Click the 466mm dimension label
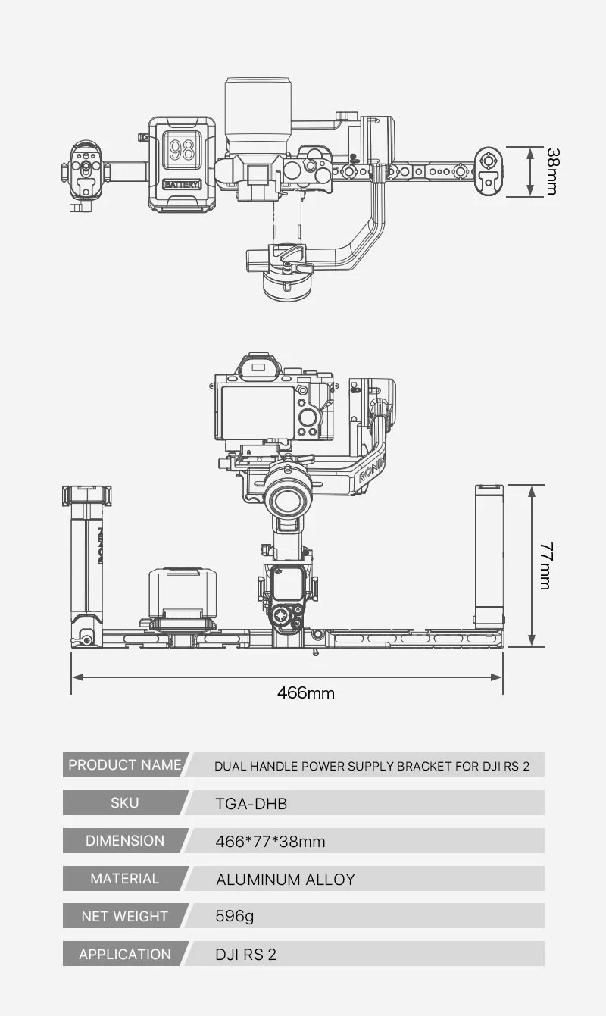pos(305,692)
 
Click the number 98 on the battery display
pos(182,149)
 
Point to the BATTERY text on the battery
pos(182,184)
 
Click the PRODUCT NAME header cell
pos(124,765)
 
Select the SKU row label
pos(124,803)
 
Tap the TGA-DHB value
pos(251,804)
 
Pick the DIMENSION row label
pos(124,841)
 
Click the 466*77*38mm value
pos(270,842)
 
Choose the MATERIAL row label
pos(124,879)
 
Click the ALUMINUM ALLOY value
pos(286,880)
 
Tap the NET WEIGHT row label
pos(124,917)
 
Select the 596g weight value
pos(235,917)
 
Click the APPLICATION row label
pos(124,955)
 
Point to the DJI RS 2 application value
pos(246,955)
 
